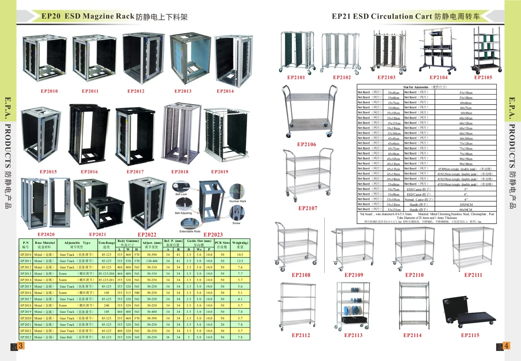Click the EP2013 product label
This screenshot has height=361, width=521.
coord(183,91)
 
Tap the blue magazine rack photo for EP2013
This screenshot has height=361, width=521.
coord(190,57)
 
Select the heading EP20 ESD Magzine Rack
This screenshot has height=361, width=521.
coord(88,16)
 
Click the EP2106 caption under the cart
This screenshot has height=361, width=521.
coord(306,144)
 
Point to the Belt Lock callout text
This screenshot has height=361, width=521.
coord(181,194)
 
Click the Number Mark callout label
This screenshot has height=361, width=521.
coord(238,201)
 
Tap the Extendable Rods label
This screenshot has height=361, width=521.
coord(190,231)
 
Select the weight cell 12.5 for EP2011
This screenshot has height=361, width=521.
coord(240,261)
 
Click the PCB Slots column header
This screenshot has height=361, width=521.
coord(222,245)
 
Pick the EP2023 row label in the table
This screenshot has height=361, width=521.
coord(26,337)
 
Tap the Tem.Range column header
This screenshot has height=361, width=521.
coord(107,245)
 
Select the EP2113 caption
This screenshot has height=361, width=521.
coord(353,335)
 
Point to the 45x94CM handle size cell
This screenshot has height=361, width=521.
coord(466,204)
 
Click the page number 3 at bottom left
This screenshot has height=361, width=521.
coord(20,346)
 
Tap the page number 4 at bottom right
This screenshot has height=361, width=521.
coord(506,346)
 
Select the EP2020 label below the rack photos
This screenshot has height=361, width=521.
coord(46,234)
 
